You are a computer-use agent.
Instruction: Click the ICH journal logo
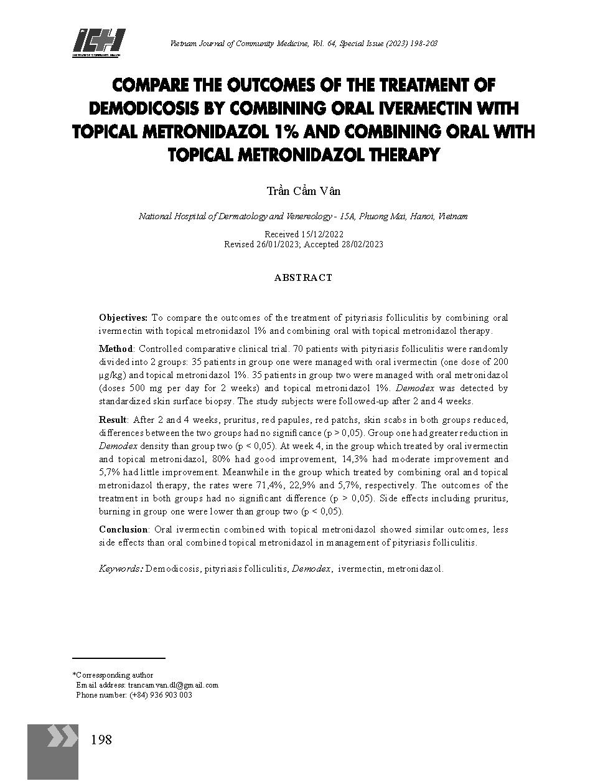tap(99, 42)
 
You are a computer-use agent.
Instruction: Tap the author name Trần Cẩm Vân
tap(304, 191)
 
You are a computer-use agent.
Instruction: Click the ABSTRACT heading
tap(303, 278)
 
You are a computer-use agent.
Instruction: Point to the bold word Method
tap(116, 349)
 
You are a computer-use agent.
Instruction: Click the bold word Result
tap(113, 420)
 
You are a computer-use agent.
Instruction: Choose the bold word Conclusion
tap(123, 529)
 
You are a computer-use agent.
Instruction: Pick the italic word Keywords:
tap(121, 569)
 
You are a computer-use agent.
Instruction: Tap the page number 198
tap(101, 740)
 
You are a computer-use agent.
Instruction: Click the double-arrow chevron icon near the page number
tap(63, 737)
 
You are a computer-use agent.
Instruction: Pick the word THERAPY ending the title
tap(400, 154)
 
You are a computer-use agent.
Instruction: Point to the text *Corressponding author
tap(113, 675)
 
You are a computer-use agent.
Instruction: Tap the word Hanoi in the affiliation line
tap(423, 217)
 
